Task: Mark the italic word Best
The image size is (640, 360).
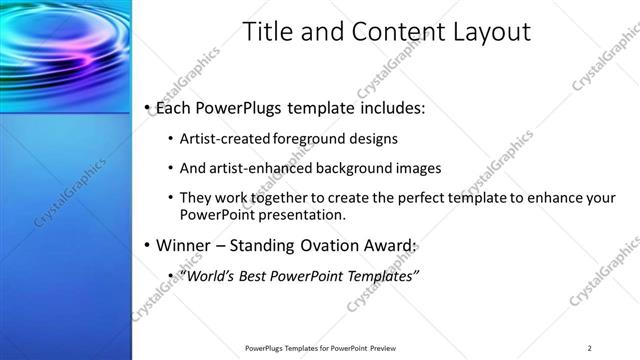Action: coord(250,275)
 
